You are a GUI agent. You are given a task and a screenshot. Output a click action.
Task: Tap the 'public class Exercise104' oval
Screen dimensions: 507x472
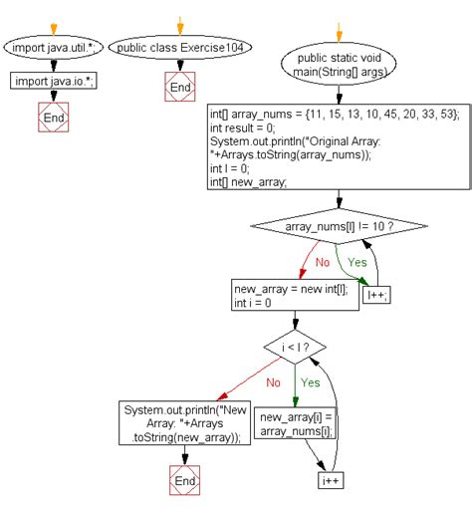(180, 46)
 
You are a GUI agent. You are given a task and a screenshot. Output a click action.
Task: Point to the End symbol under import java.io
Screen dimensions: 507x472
(54, 119)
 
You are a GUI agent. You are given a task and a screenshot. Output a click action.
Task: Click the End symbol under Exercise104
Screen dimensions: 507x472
(179, 88)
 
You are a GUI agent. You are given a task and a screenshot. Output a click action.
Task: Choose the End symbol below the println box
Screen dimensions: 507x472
(185, 481)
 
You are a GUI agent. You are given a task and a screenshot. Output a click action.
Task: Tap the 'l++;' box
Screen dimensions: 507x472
(375, 295)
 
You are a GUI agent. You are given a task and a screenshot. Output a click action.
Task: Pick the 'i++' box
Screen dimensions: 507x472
(331, 481)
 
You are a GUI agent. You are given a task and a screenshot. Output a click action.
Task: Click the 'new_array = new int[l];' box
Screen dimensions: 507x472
(294, 295)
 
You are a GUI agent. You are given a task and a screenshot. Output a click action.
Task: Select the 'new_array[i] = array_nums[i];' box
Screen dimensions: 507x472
(294, 422)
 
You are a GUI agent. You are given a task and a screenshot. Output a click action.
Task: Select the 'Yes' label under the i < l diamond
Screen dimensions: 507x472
(310, 381)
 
